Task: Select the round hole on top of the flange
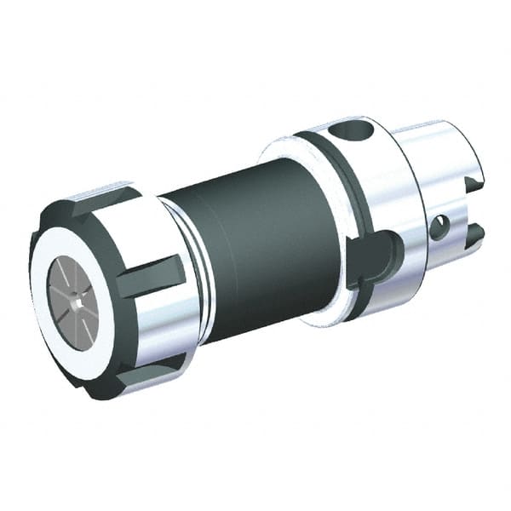350,133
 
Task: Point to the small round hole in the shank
439,227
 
